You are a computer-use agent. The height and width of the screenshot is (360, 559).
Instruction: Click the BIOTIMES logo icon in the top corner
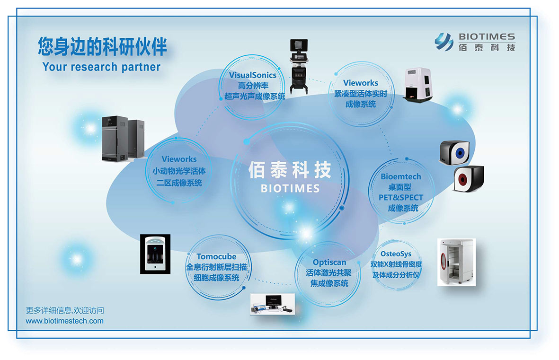444,42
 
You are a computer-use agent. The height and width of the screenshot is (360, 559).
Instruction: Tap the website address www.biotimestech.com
64,321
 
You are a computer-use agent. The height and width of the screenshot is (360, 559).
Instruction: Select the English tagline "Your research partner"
101,67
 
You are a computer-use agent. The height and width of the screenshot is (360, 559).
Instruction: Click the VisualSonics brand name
252,75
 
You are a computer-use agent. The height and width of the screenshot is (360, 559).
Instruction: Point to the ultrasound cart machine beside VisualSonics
298,66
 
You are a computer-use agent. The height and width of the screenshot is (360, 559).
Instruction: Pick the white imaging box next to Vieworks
417,85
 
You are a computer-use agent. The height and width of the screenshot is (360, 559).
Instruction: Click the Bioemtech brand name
401,176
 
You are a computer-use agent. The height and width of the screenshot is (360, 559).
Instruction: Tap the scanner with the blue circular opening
454,152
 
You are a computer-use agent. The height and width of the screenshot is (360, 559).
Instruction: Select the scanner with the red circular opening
469,178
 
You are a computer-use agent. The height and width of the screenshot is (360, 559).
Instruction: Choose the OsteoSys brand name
396,254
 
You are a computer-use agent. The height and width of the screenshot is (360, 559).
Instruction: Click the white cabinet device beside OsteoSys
456,262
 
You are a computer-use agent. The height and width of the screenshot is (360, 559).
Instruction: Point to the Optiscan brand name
329,263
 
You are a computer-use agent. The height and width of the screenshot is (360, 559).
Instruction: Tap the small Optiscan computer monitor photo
273,304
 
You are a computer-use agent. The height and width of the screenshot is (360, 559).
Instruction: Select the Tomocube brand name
216,256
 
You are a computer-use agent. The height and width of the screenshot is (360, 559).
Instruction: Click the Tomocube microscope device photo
155,254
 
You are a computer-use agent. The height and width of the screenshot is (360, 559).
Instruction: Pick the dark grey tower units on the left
123,138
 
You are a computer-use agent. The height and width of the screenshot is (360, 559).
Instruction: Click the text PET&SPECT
401,197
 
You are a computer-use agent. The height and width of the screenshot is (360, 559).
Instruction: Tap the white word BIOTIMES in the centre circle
290,188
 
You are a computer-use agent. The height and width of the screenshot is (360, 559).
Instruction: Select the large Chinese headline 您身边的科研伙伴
102,46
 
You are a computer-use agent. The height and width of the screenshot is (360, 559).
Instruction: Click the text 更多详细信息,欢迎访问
65,310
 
